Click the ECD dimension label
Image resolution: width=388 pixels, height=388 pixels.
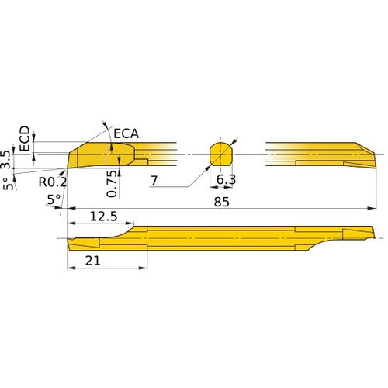[25, 137]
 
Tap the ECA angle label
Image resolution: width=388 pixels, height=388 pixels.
[126, 133]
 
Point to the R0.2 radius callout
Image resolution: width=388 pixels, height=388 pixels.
[52, 182]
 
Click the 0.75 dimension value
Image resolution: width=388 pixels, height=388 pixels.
[113, 183]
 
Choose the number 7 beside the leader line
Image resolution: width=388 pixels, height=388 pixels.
[154, 180]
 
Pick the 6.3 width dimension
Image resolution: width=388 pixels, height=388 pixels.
[226, 180]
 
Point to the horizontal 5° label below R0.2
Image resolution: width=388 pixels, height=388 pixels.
[53, 199]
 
